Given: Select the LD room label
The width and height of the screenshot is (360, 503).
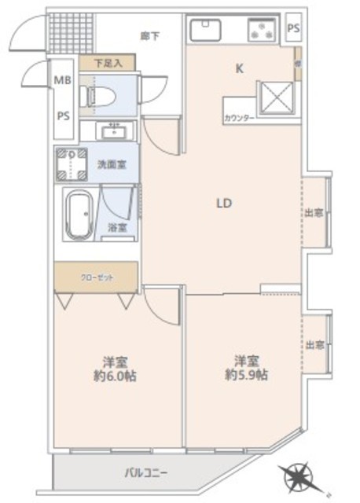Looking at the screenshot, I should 224,203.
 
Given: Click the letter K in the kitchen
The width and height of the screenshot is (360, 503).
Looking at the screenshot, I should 240,68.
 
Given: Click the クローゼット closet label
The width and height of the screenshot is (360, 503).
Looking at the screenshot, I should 95,277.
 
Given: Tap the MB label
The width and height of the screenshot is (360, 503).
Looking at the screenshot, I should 63,79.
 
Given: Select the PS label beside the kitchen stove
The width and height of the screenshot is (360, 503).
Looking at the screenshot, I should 293,28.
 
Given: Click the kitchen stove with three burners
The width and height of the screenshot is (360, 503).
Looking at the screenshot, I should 262,31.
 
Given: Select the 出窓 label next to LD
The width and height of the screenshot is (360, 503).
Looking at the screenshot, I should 314,213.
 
